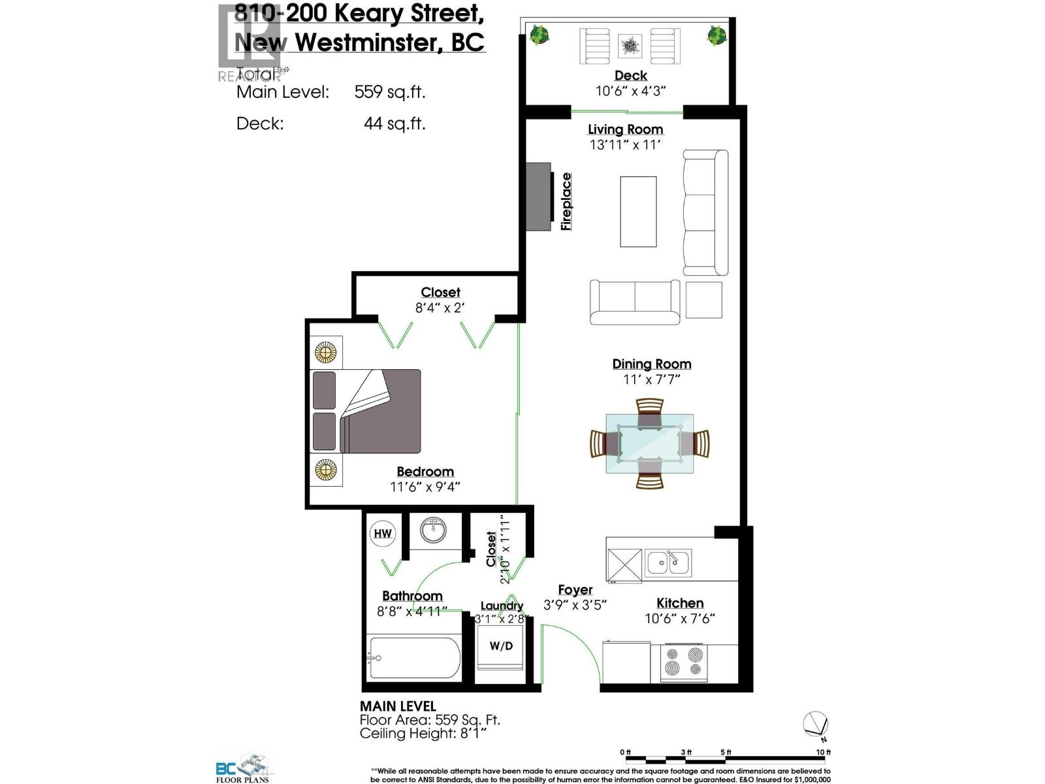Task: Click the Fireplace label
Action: point(566,201)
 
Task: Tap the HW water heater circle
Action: point(383,533)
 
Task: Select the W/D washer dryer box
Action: point(501,646)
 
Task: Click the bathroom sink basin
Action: point(432,531)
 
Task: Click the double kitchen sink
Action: point(668,563)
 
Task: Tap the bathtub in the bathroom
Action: point(414,658)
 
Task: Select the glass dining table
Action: point(649,444)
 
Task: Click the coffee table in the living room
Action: point(638,211)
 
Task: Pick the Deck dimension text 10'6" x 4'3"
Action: point(630,91)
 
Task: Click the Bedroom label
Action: point(425,472)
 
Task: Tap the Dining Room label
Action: point(651,364)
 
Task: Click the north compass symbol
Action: point(816,725)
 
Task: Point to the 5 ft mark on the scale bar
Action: point(726,753)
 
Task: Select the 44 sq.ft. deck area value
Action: point(394,123)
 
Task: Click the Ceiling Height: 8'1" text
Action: point(423,734)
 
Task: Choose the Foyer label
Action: point(575,590)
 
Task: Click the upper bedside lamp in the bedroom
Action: point(326,353)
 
